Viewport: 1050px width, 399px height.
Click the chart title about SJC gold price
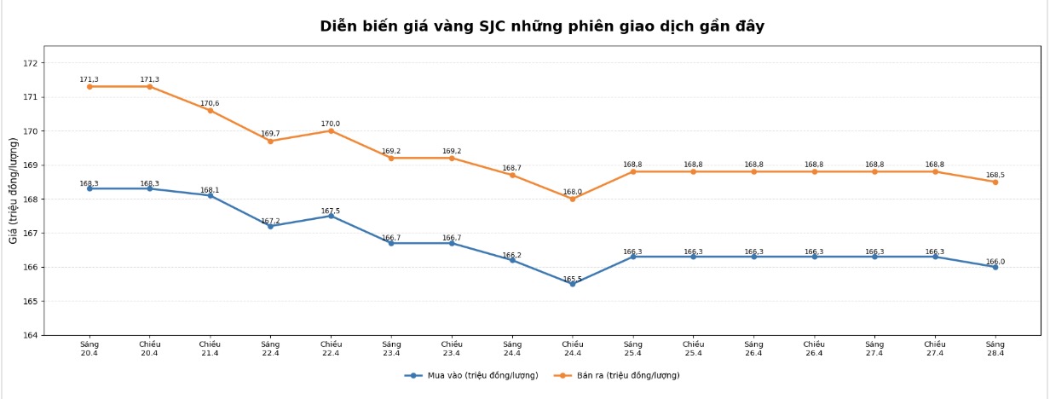click(x=542, y=26)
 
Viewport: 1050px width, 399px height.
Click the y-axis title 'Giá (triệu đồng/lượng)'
click(x=14, y=190)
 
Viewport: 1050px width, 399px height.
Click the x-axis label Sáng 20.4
click(x=89, y=349)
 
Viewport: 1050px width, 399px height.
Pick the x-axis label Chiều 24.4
click(x=573, y=349)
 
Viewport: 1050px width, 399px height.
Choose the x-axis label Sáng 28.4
click(x=995, y=349)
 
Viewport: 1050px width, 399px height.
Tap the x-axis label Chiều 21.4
click(x=211, y=349)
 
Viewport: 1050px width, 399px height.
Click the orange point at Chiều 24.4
click(x=573, y=199)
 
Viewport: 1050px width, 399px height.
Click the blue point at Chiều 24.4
click(x=573, y=284)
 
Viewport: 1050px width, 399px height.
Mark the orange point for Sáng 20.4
click(x=89, y=86)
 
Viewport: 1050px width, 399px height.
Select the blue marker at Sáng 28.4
click(x=995, y=267)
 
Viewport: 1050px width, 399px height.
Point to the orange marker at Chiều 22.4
click(x=332, y=130)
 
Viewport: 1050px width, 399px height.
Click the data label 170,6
click(x=210, y=104)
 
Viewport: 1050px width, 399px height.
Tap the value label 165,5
click(x=572, y=279)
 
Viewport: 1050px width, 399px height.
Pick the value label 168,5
click(x=995, y=176)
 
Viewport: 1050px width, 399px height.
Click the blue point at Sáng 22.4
click(x=270, y=226)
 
